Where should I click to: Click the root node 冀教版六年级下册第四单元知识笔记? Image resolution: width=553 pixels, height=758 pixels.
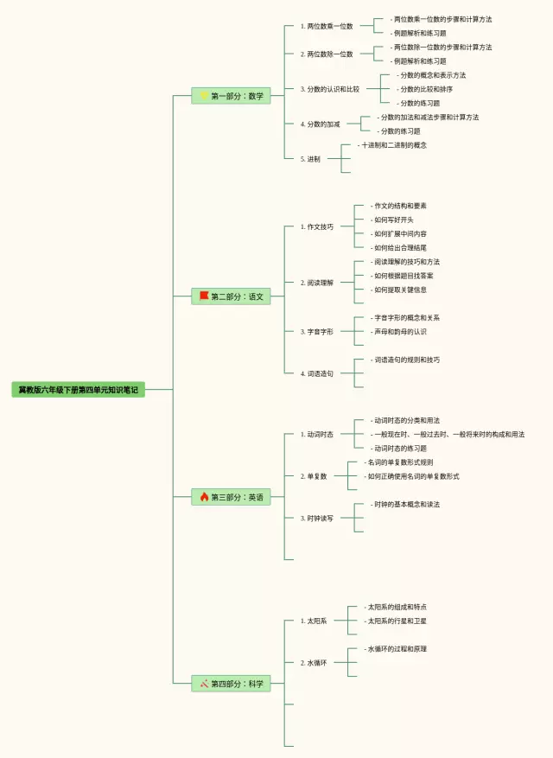click(79, 390)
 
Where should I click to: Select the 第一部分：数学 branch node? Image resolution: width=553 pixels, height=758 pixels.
click(232, 96)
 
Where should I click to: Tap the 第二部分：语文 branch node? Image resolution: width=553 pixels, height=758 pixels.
click(232, 296)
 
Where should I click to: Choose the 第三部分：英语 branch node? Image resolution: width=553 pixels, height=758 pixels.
click(232, 497)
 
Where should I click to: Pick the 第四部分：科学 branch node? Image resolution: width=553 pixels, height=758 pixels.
click(232, 684)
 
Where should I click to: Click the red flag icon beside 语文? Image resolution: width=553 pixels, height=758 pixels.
click(205, 296)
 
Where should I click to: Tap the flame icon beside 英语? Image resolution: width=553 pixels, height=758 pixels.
click(205, 497)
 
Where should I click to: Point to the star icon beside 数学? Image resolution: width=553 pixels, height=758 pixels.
click(205, 96)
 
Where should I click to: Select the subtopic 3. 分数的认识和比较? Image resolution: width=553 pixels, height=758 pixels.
click(330, 89)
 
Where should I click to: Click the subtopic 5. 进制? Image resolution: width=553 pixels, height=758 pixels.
click(311, 159)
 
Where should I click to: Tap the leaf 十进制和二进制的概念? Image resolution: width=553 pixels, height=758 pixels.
click(393, 145)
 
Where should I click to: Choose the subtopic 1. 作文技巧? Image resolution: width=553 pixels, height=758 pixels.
click(316, 226)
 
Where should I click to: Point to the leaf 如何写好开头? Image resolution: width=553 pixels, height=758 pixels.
click(393, 220)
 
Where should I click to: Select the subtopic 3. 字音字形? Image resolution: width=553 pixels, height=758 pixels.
click(316, 331)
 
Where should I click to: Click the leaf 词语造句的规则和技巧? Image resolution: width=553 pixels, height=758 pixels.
click(406, 360)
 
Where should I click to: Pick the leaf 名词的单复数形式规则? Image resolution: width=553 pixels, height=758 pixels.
click(399, 462)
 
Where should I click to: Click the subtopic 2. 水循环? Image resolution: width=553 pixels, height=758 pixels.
click(314, 663)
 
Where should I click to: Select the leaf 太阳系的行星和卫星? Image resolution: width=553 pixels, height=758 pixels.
click(397, 621)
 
